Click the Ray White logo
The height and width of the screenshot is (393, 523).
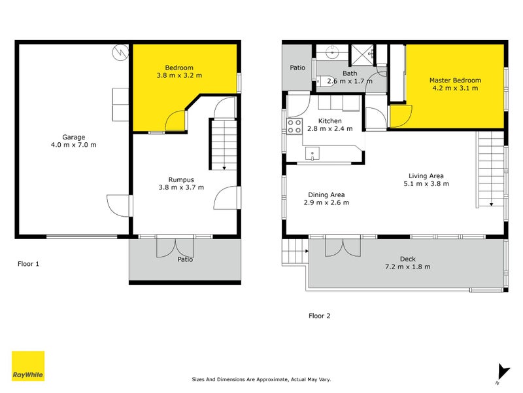(x=28, y=366)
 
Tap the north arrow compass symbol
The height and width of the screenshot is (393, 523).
(x=501, y=373)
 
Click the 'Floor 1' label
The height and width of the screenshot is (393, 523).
(x=29, y=264)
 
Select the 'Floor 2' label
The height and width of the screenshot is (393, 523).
(x=319, y=316)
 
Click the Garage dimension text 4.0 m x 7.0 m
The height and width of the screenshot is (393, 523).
(x=74, y=145)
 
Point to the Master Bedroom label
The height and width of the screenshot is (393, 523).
(x=454, y=80)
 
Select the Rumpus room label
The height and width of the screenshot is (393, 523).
(x=181, y=179)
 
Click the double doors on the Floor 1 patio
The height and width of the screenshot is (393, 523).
(x=175, y=247)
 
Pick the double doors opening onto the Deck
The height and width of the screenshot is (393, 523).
(x=343, y=248)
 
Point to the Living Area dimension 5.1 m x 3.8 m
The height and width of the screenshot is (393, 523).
(x=426, y=184)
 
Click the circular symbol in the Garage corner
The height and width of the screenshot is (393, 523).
(x=120, y=52)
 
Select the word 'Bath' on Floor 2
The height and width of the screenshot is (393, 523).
(x=350, y=73)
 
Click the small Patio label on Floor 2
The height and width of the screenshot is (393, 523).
(x=298, y=67)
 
